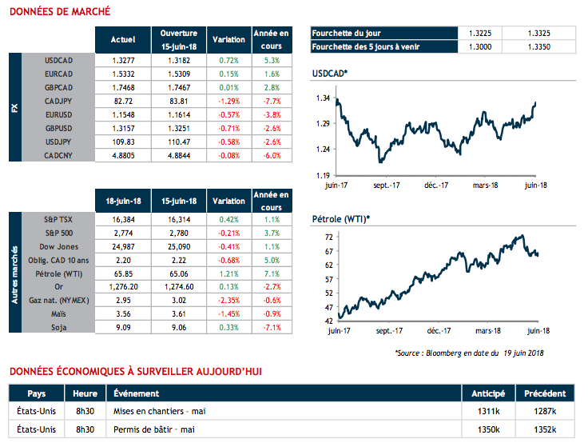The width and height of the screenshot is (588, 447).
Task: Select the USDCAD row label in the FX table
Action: [x=61, y=60]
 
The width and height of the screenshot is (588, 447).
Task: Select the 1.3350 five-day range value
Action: [x=538, y=47]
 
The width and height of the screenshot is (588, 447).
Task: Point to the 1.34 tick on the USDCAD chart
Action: [x=323, y=98]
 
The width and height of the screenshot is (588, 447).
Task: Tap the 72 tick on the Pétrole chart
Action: [x=328, y=237]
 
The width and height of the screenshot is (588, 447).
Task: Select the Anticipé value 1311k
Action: [x=487, y=411]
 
